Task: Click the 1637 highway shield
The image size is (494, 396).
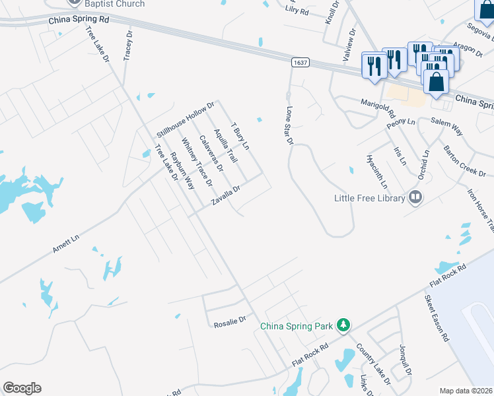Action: tap(300, 63)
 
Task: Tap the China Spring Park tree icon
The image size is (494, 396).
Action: tap(343, 325)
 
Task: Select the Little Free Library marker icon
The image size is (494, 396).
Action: tap(415, 197)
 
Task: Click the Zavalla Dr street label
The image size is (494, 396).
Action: tap(225, 195)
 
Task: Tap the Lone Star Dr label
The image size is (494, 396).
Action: tap(289, 125)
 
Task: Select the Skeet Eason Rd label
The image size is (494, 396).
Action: tap(437, 318)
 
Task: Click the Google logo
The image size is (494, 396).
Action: tap(22, 388)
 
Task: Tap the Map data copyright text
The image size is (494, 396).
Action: tap(466, 391)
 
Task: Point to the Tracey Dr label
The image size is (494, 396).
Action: tap(128, 46)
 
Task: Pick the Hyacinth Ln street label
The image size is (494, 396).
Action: tap(372, 170)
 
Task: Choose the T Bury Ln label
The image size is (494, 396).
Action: tap(239, 135)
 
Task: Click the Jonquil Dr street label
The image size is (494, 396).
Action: tap(405, 362)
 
